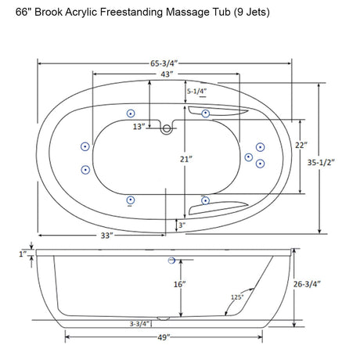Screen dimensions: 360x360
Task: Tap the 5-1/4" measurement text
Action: pyautogui.click(x=198, y=92)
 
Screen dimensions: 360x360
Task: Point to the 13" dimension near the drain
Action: pyautogui.click(x=138, y=127)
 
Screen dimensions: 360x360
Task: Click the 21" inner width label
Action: pyautogui.click(x=185, y=159)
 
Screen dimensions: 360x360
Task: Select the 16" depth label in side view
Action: pyautogui.click(x=179, y=284)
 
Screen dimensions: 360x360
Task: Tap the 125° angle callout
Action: pyautogui.click(x=238, y=297)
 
